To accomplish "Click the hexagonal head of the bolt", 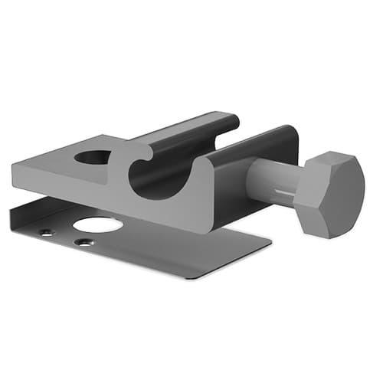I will pos(331,194).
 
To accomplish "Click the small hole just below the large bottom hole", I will pos(82,243).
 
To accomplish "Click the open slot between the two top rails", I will pos(230,142).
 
